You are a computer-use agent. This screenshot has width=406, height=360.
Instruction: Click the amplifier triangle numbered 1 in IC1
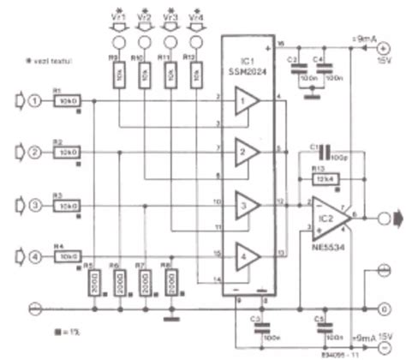coord(247,104)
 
